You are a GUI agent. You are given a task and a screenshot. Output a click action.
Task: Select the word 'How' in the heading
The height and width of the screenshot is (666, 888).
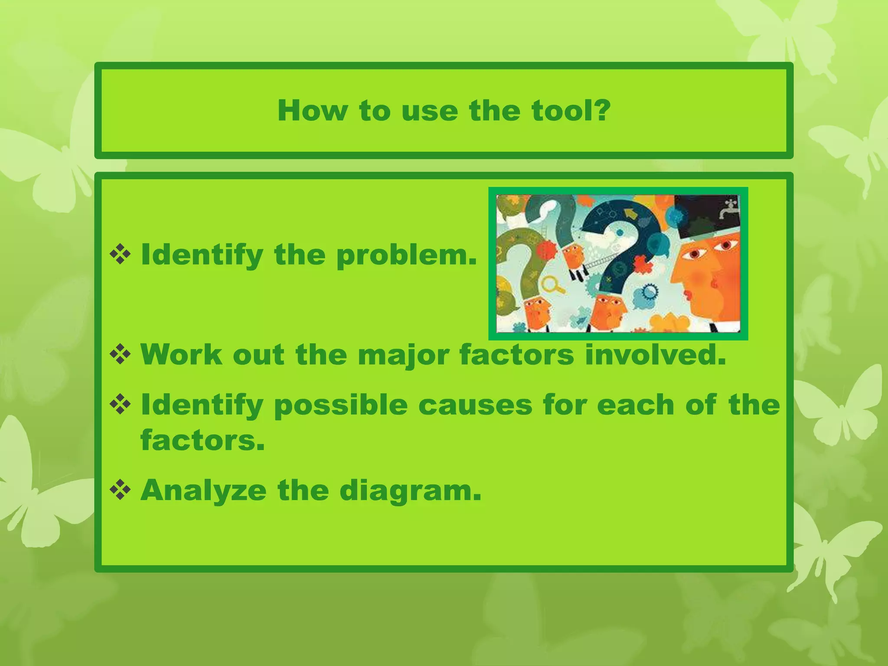(312, 111)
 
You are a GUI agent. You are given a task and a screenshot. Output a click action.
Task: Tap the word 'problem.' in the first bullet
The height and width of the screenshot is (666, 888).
(406, 255)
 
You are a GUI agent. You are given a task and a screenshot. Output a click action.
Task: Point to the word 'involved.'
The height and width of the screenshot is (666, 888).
(655, 355)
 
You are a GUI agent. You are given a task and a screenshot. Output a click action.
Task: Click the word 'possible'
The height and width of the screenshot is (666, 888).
(340, 406)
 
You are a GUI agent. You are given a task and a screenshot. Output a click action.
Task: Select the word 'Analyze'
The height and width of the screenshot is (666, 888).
(203, 490)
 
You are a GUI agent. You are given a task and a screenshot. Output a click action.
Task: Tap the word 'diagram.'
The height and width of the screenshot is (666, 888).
(410, 491)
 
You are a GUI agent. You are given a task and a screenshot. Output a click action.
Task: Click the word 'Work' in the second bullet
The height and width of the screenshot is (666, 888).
(181, 355)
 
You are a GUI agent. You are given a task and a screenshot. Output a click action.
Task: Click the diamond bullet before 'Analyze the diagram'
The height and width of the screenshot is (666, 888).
(120, 490)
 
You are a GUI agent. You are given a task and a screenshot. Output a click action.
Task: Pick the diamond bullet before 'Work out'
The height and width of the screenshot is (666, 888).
(120, 355)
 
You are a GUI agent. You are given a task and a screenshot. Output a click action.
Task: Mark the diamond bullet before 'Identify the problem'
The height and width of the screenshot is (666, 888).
(120, 255)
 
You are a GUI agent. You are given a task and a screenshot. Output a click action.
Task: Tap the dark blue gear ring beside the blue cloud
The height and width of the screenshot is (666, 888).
(649, 291)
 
